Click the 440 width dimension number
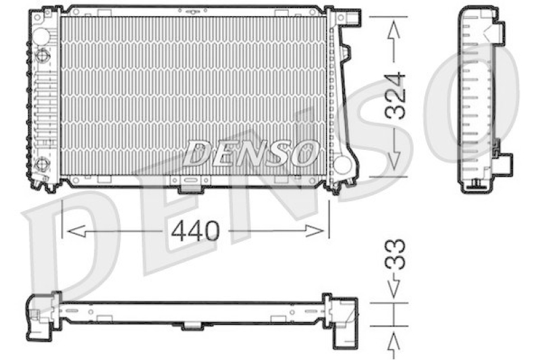[x=195, y=231]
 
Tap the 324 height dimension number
[x=395, y=95]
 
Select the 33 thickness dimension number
[x=395, y=253]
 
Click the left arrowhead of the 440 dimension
[x=76, y=231]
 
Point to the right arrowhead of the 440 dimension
[x=315, y=231]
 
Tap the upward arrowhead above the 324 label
[x=394, y=30]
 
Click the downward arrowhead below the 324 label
[x=394, y=161]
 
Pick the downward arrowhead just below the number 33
[x=394, y=288]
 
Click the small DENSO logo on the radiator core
[x=250, y=153]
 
